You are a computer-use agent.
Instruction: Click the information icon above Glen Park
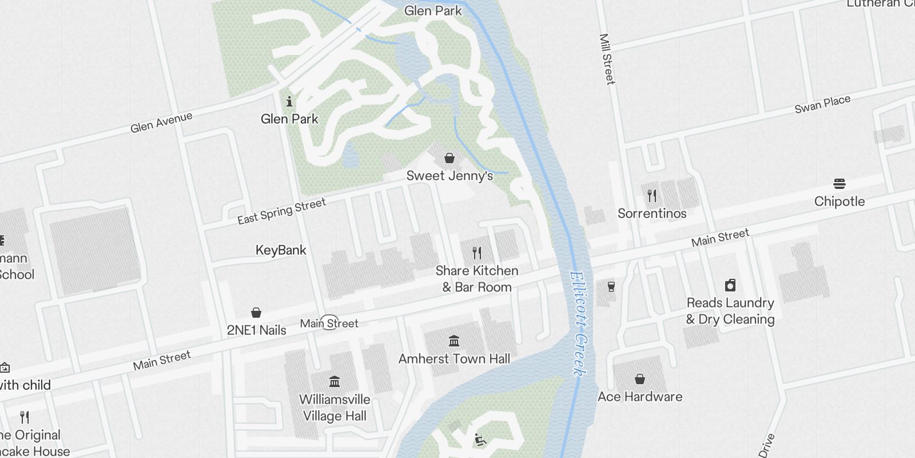click(289, 102)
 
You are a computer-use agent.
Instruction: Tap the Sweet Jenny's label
click(449, 176)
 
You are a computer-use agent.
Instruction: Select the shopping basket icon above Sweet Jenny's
click(449, 158)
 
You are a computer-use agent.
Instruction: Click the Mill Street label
click(607, 59)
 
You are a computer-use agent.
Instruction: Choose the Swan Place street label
click(822, 104)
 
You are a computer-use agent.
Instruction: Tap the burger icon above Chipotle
click(840, 184)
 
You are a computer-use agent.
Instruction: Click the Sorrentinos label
click(652, 214)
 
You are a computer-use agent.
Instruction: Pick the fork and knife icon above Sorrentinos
click(652, 196)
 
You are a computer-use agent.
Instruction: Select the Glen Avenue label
click(161, 123)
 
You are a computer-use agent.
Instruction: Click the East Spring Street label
click(281, 211)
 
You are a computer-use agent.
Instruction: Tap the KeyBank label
click(281, 250)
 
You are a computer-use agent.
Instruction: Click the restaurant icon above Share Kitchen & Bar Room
click(477, 252)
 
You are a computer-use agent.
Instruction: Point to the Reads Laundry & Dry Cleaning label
click(730, 311)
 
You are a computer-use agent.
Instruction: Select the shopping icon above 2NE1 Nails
click(256, 313)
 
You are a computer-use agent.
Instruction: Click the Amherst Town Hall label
click(454, 359)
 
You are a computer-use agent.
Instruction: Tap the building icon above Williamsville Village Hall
click(335, 381)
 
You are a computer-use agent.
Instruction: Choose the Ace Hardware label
click(640, 397)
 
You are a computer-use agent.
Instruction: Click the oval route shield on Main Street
click(329, 322)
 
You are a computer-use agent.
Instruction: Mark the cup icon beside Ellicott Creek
click(611, 286)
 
